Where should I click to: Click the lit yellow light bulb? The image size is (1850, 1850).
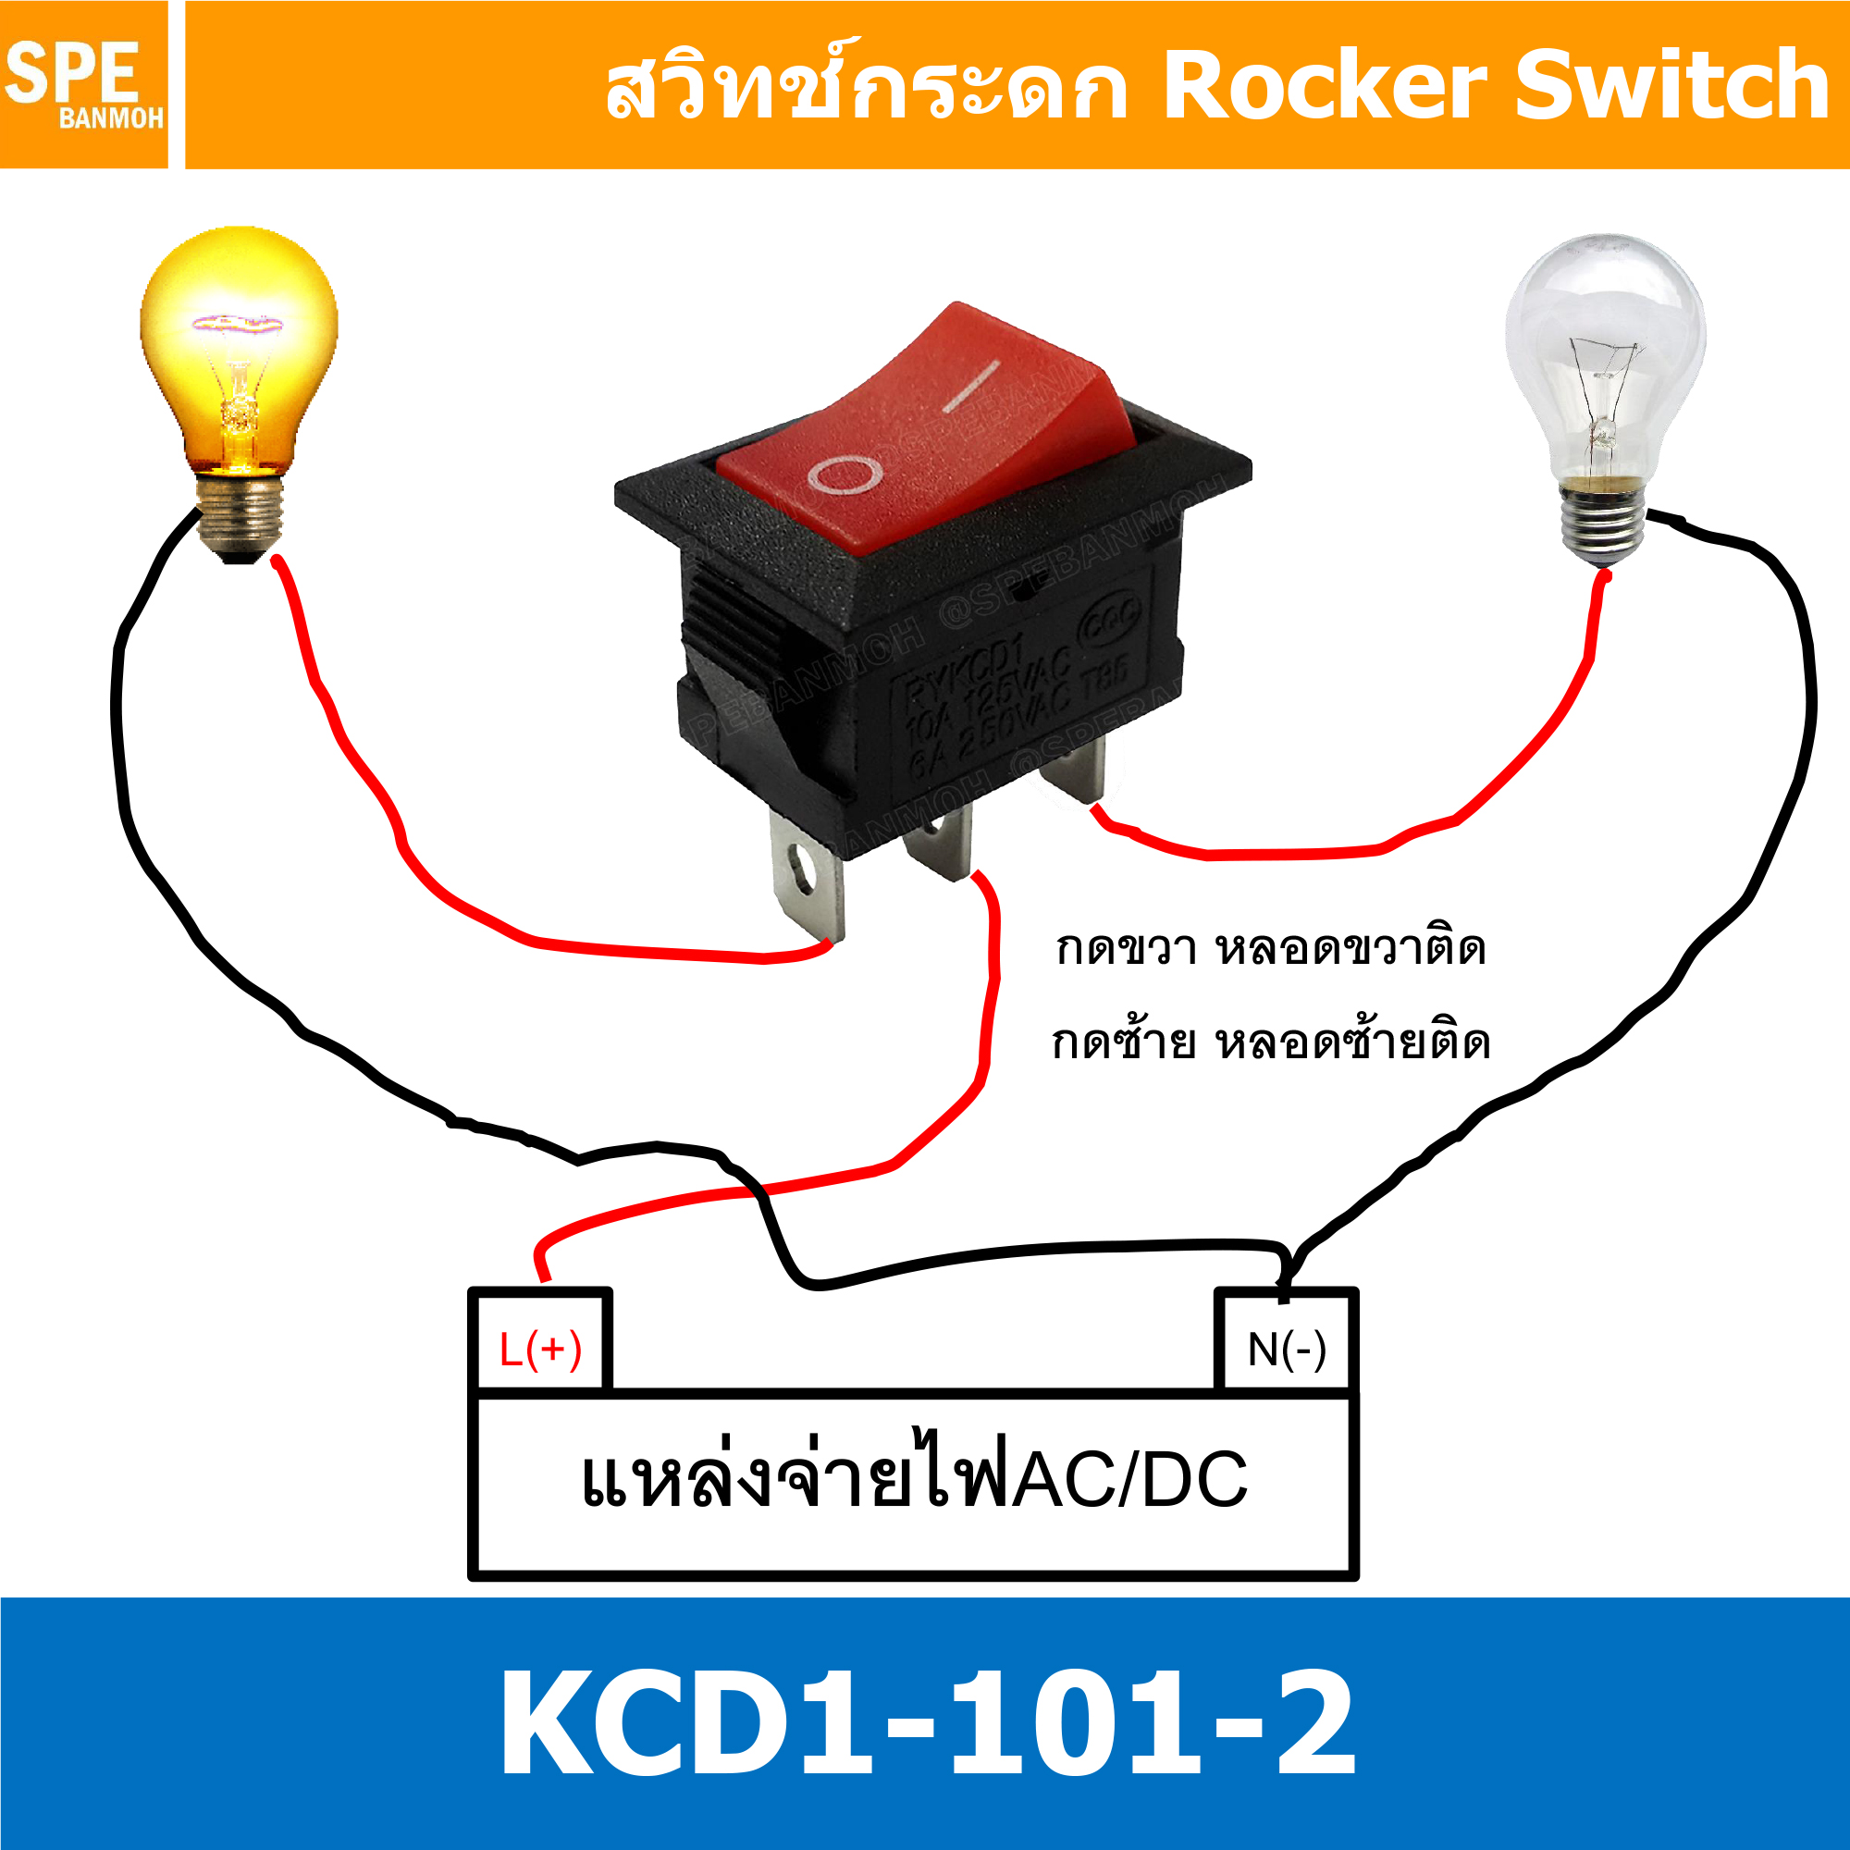click(x=239, y=354)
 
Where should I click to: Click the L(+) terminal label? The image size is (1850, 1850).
click(x=540, y=1350)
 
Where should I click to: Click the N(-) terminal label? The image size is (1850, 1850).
click(x=1286, y=1350)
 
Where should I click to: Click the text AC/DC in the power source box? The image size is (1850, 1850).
click(x=1130, y=1480)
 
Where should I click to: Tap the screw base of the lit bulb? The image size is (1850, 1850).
click(x=240, y=518)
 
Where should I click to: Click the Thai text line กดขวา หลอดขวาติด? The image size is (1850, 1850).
click(x=1270, y=949)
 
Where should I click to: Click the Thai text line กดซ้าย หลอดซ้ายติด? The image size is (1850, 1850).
click(x=1270, y=1042)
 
